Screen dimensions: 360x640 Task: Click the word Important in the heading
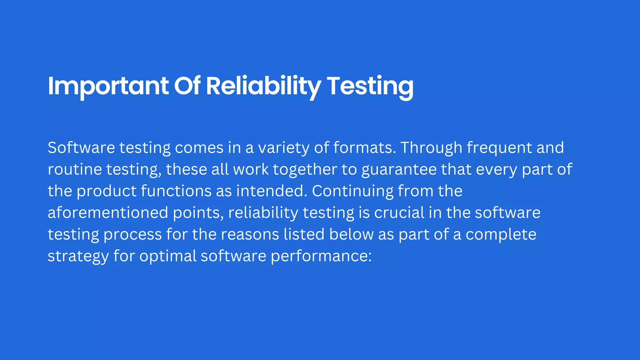(x=108, y=86)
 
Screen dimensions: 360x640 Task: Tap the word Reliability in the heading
(x=263, y=86)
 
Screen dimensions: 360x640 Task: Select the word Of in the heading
(x=187, y=86)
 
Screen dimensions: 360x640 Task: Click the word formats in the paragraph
(x=364, y=148)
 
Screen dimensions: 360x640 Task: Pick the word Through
(x=431, y=148)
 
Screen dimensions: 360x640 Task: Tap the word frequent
(x=499, y=148)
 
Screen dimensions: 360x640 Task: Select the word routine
(x=75, y=169)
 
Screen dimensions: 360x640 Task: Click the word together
(x=305, y=169)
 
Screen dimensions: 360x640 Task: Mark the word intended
(x=272, y=191)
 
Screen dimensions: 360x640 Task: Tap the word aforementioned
(x=108, y=213)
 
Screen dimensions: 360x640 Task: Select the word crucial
(x=399, y=213)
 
